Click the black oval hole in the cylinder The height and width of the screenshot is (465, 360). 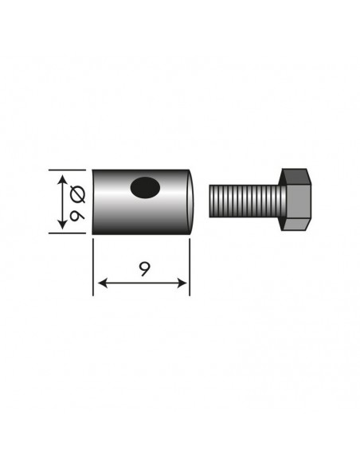coord(145,188)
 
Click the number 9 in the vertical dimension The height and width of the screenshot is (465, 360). coord(76,215)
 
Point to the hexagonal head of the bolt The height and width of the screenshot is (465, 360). coord(296,201)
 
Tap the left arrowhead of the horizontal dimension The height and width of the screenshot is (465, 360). coord(99,283)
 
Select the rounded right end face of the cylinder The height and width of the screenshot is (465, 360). coord(191,202)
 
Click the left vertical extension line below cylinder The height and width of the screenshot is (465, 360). coord(93,267)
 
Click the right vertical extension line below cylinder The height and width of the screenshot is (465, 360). coord(190,267)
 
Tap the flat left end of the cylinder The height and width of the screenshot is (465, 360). coord(95,202)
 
